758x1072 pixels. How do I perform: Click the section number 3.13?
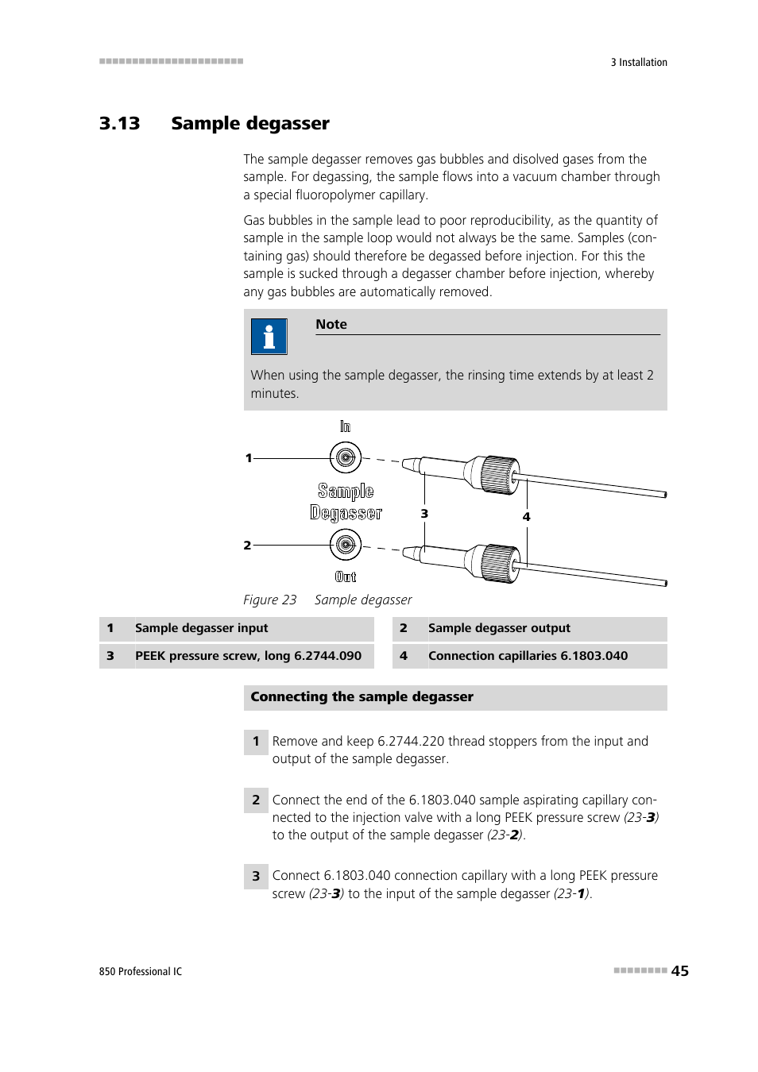tap(119, 124)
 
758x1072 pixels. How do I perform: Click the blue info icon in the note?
tap(269, 337)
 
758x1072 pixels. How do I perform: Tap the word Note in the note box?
tap(331, 325)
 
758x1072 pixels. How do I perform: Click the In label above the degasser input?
tap(345, 427)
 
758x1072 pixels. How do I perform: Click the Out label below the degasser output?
tap(346, 577)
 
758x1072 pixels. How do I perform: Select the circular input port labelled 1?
tap(345, 457)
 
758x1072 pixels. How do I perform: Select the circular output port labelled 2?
tap(345, 545)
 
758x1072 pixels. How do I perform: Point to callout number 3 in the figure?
tap(424, 514)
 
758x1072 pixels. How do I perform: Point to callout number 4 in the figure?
tap(526, 517)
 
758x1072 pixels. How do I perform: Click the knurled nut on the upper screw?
tap(501, 475)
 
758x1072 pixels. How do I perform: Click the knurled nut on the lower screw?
tap(501, 563)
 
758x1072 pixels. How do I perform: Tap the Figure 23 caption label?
tap(269, 600)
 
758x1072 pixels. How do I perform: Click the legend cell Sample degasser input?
tap(201, 628)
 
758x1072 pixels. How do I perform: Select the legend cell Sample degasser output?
tap(499, 628)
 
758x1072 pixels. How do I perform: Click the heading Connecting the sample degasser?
tap(362, 697)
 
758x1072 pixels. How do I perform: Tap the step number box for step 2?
tap(256, 800)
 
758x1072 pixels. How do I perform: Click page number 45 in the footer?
tap(680, 971)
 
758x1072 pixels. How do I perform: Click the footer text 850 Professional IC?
tap(141, 972)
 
